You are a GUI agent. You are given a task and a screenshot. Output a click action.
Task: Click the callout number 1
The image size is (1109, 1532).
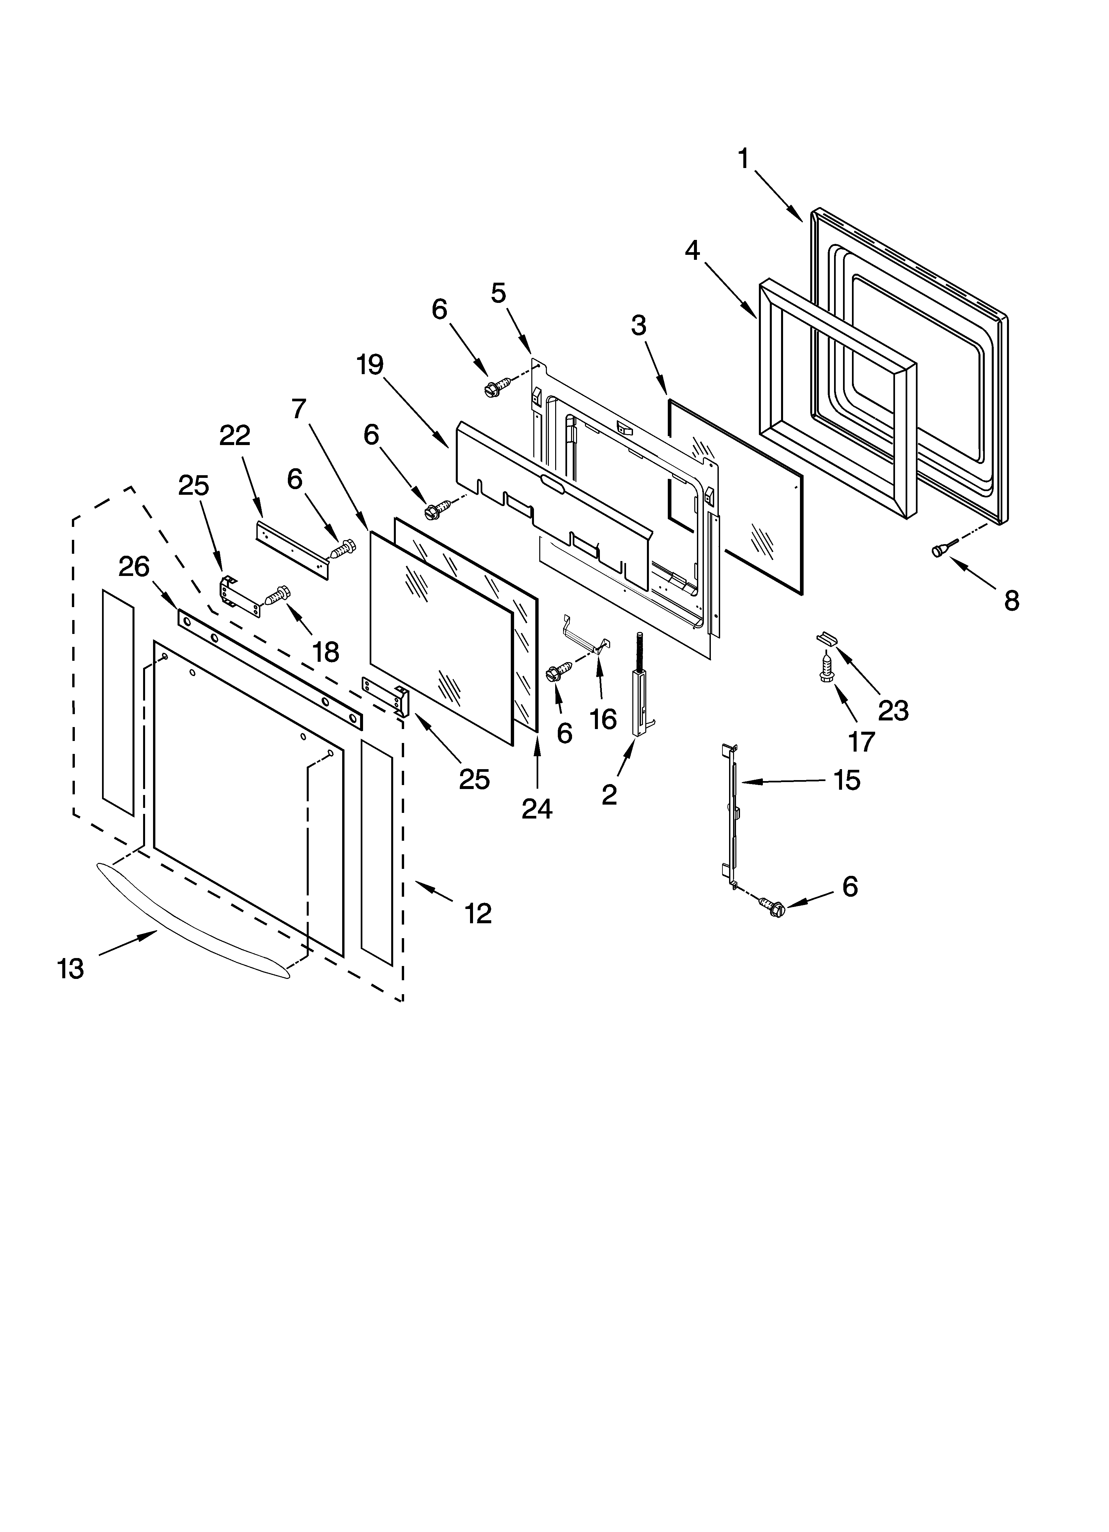744,159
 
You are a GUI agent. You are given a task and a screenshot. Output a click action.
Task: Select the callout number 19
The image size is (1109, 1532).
370,366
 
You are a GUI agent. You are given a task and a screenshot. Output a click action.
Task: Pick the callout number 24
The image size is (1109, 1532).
537,809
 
